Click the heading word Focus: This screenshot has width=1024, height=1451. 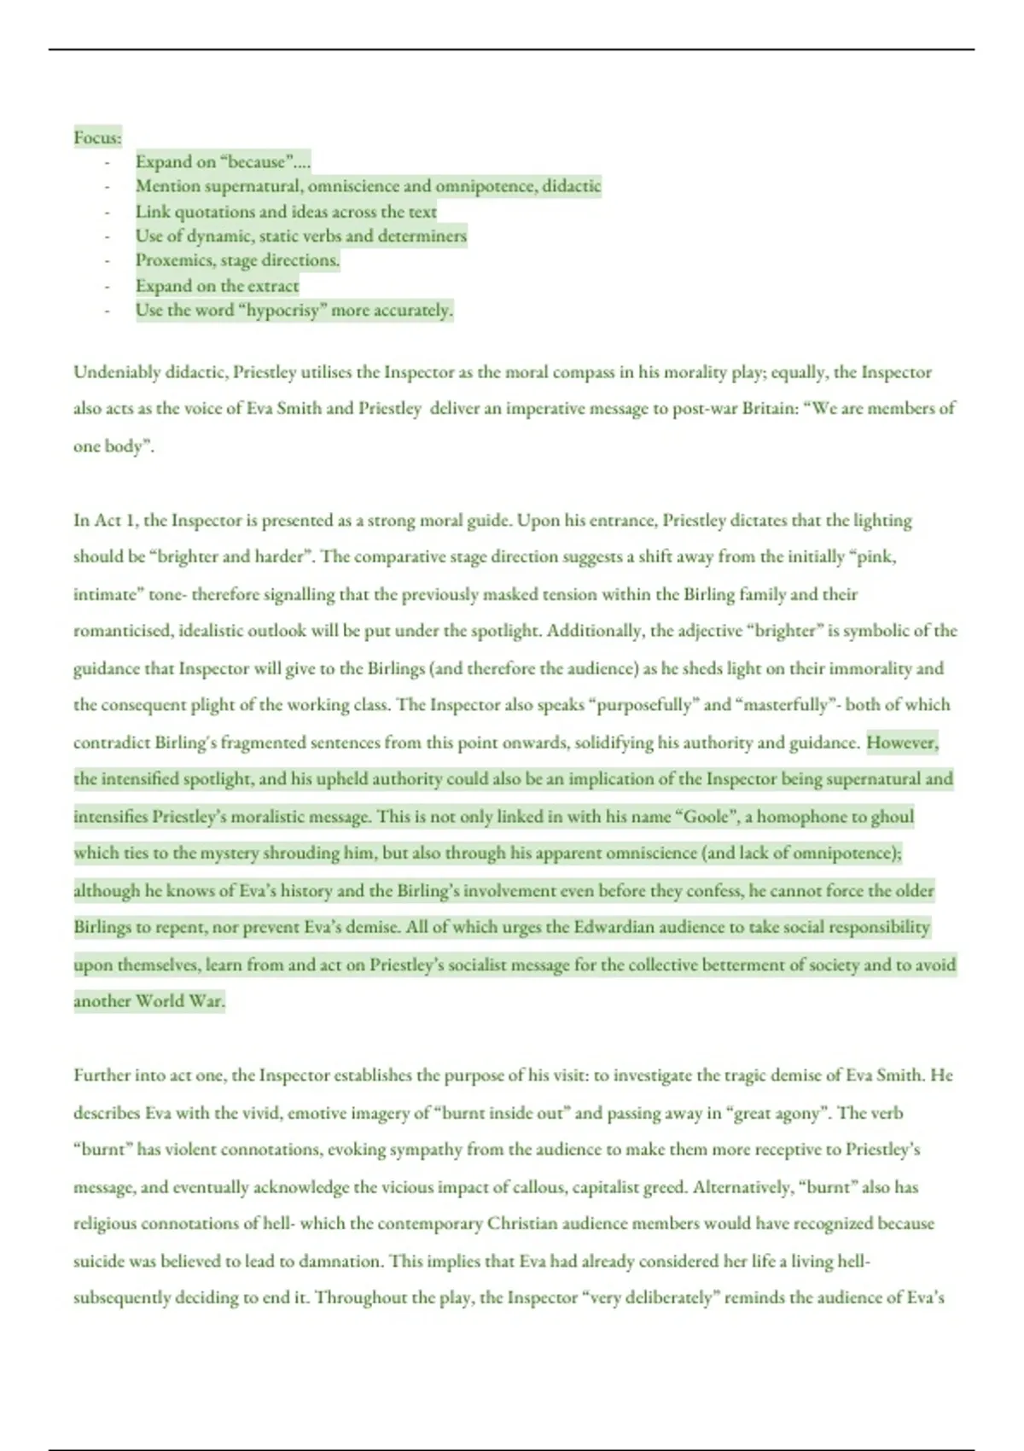coord(97,137)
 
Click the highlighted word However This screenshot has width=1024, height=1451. coord(901,743)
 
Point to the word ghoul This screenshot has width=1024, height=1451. coord(893,817)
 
